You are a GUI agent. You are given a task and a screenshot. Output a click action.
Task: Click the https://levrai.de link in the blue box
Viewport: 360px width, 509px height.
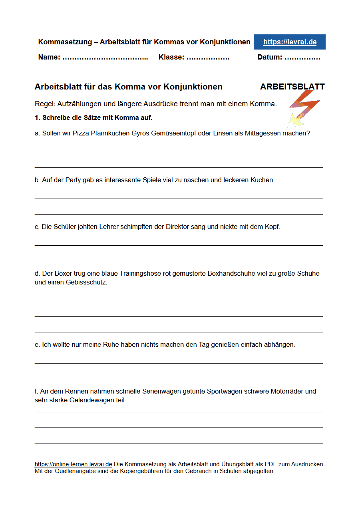(x=290, y=42)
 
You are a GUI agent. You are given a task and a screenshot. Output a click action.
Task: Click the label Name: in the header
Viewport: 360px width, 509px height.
(x=49, y=57)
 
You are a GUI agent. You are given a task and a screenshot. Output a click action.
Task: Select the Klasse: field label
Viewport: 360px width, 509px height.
(x=171, y=57)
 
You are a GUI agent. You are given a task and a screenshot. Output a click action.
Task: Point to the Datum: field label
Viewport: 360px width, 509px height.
(x=270, y=57)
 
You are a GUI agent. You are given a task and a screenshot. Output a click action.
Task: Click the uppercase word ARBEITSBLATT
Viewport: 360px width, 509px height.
(x=292, y=87)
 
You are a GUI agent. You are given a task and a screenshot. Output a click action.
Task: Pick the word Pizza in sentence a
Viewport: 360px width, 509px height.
(x=81, y=133)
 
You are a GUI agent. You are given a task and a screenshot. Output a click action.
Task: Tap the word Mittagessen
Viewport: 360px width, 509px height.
(x=263, y=133)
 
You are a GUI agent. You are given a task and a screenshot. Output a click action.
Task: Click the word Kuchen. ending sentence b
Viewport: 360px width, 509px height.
(x=263, y=180)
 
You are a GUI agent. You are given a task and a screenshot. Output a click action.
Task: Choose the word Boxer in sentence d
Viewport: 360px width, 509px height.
(x=63, y=274)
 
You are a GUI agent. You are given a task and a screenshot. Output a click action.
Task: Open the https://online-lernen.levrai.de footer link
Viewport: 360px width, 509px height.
(x=73, y=464)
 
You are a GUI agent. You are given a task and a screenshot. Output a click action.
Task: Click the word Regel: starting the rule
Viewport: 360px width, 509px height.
(x=45, y=104)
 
